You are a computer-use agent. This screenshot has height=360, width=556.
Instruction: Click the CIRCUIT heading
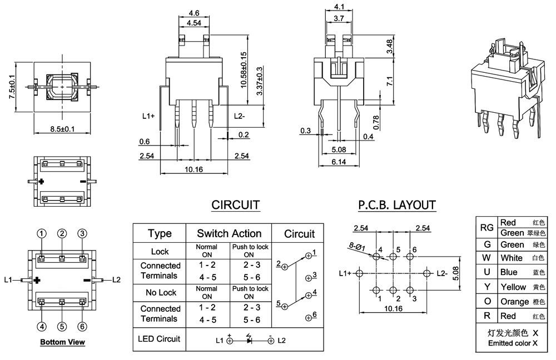[235, 205]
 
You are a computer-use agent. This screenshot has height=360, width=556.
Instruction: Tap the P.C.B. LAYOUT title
[397, 205]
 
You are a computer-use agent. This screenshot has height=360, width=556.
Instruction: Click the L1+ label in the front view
[148, 116]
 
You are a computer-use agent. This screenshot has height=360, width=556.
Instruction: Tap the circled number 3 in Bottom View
[82, 233]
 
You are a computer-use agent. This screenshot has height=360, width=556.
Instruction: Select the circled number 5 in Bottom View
[62, 326]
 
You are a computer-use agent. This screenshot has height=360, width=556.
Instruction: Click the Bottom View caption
[62, 342]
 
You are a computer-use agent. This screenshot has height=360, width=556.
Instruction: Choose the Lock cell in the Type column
[160, 252]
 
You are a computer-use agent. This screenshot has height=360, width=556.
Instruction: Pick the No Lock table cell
[160, 292]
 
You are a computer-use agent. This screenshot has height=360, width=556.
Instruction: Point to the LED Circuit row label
[160, 339]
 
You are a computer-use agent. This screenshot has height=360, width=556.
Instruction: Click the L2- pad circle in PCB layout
[427, 273]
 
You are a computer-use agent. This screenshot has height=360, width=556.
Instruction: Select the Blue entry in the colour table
[509, 272]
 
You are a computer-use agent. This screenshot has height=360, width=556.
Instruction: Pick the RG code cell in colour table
[487, 227]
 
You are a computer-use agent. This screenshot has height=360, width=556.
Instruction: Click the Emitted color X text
[513, 343]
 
